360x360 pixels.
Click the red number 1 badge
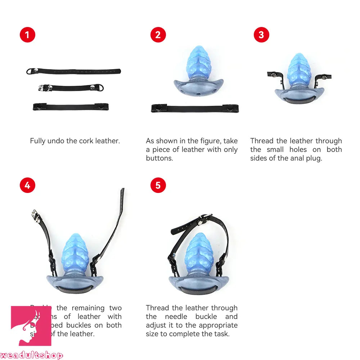point(27,35)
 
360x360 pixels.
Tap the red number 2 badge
point(158,35)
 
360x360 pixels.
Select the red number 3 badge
point(261,35)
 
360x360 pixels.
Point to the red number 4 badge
point(27,185)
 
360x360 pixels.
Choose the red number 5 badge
point(158,185)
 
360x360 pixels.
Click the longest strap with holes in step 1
point(74,71)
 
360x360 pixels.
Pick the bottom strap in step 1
point(71,107)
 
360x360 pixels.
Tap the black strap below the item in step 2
point(194,108)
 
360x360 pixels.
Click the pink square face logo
point(31,326)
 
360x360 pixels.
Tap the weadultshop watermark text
point(32,355)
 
